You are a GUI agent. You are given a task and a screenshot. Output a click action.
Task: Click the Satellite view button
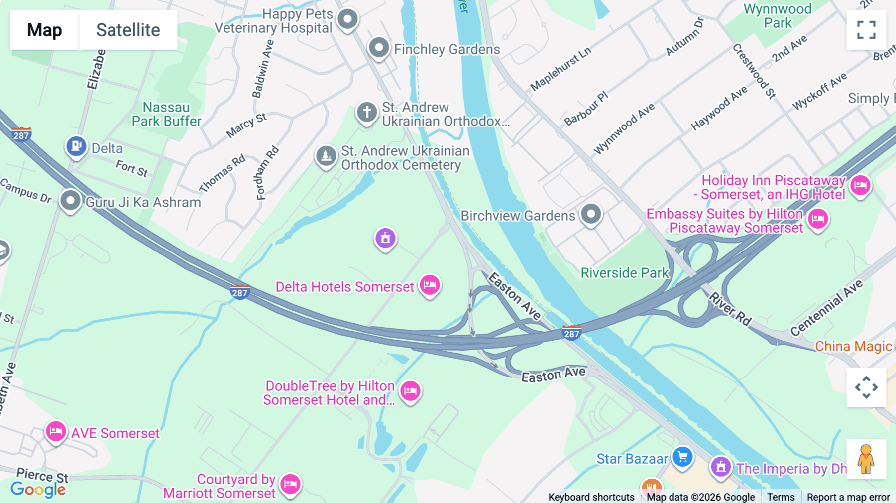(x=128, y=30)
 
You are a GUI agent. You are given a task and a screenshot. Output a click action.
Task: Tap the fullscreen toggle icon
(x=866, y=30)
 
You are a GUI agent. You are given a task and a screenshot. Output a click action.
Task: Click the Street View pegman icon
(x=866, y=459)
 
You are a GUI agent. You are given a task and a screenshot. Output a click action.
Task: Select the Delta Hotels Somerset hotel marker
(x=430, y=285)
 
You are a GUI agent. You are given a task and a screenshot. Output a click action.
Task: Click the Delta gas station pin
(x=76, y=147)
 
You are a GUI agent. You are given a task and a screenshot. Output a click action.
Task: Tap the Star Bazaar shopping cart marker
(x=682, y=457)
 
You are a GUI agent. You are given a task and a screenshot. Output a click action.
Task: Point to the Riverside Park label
(x=625, y=273)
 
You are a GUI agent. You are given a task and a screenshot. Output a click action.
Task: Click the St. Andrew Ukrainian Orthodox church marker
(x=367, y=113)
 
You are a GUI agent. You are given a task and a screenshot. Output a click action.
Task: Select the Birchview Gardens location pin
(x=591, y=215)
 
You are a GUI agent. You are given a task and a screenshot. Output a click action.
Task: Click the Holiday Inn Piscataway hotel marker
(x=860, y=186)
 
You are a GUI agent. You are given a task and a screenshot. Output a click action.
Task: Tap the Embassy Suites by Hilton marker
(x=818, y=219)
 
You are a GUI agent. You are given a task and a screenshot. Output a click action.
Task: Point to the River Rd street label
(x=730, y=309)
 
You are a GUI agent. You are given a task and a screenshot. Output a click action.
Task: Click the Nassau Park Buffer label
(x=166, y=114)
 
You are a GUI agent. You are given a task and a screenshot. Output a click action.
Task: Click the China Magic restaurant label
(x=853, y=346)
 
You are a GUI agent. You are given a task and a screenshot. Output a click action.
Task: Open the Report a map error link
(x=848, y=497)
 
